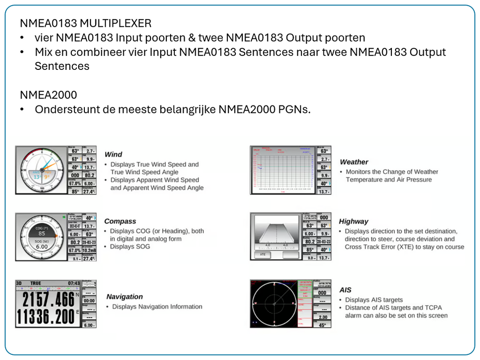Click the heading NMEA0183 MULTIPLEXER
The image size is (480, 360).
tap(86, 23)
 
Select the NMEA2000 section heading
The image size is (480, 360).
tap(48, 95)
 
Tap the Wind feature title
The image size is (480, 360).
tap(113, 154)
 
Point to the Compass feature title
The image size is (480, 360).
tap(120, 221)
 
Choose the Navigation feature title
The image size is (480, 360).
tap(124, 296)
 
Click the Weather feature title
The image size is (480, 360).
tap(354, 162)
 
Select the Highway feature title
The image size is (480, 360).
tap(353, 221)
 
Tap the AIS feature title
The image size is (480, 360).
tap(345, 290)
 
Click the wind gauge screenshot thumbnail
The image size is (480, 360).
tap(42, 170)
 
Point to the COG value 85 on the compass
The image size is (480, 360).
tap(42, 233)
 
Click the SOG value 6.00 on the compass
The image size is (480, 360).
tap(42, 247)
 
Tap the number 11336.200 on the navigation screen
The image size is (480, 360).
tap(45, 317)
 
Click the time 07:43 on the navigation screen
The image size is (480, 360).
tap(73, 284)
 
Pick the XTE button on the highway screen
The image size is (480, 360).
tap(263, 255)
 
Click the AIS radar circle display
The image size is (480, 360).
tap(273, 304)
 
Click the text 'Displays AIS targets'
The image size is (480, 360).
tap(374, 300)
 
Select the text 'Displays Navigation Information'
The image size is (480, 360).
tap(157, 307)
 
